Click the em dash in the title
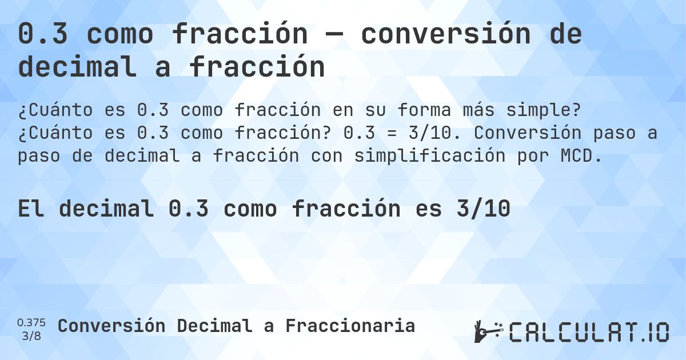[x=334, y=35]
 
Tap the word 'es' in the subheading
[x=428, y=209]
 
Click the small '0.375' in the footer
[x=31, y=322]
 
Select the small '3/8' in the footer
[x=31, y=335]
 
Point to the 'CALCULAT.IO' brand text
[x=589, y=332]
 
